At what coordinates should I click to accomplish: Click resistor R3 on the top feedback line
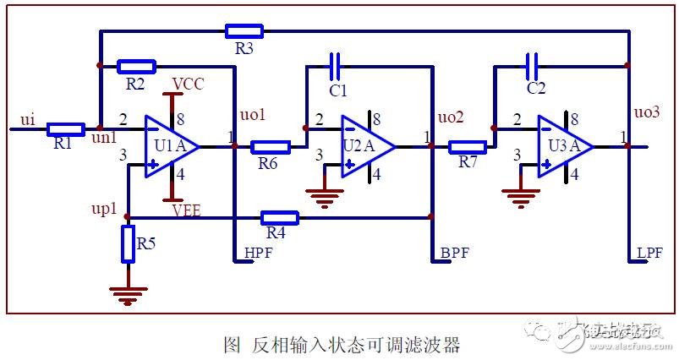(x=244, y=32)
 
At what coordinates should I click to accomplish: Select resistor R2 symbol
(x=136, y=65)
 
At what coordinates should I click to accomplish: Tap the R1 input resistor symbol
(x=65, y=129)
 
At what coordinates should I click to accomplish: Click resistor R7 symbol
(x=467, y=146)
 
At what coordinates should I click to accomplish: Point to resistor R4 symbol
(x=280, y=217)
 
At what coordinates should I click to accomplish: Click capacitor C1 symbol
(x=335, y=64)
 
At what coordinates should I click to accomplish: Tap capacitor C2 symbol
(x=532, y=64)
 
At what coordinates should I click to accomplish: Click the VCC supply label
(x=187, y=84)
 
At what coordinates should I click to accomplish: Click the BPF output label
(x=455, y=253)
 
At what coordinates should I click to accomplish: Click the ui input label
(x=28, y=120)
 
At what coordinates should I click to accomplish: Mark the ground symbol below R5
(x=128, y=295)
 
